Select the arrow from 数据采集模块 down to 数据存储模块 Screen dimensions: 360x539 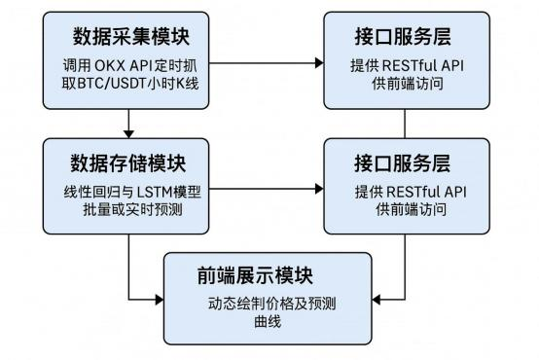point(128,122)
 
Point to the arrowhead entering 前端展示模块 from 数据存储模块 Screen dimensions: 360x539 point(158,298)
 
